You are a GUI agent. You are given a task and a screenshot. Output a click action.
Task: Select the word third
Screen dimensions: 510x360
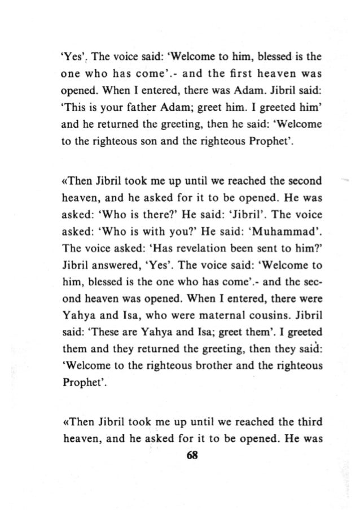pos(295,421)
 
